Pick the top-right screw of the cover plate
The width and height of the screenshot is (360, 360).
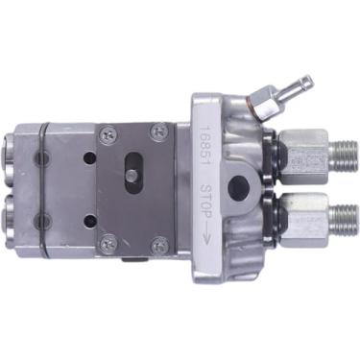click(158, 131)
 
